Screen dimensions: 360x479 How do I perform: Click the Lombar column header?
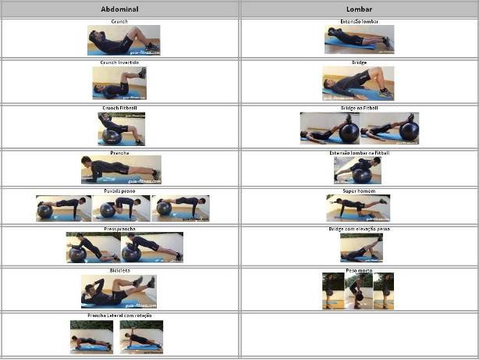(359, 9)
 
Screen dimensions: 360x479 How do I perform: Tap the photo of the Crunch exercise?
(123, 40)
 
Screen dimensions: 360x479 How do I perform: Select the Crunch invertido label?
(120, 62)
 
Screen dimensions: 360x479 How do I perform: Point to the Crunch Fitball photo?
(120, 128)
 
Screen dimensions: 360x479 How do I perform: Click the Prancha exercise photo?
(120, 169)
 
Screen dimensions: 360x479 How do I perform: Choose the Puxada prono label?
(120, 190)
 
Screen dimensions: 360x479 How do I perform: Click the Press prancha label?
(120, 229)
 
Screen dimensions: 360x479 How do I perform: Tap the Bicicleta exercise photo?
(119, 290)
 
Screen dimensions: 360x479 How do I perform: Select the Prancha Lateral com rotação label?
(120, 315)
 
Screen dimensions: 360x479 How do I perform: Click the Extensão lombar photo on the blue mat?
(359, 39)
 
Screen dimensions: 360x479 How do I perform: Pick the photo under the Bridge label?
(358, 82)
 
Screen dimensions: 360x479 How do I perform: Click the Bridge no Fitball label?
(359, 108)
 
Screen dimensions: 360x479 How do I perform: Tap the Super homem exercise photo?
(358, 209)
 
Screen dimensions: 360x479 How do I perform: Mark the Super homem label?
(359, 191)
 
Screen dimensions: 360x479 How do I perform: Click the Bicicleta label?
(120, 269)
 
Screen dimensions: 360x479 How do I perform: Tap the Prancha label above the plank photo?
(120, 152)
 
